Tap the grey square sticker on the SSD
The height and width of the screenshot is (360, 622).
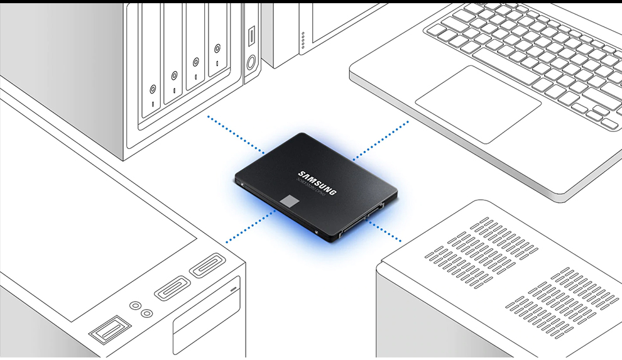pos(290,202)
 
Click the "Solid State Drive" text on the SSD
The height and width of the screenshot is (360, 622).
pos(309,187)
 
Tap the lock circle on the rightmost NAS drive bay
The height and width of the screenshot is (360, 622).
pos(217,48)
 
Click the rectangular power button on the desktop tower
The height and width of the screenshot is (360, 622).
pos(111,329)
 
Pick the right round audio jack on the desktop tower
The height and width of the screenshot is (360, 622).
pos(146,312)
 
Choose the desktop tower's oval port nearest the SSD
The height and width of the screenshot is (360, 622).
pos(207,265)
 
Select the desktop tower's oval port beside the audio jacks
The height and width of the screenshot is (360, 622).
pos(172,288)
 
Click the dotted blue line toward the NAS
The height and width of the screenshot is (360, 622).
pos(236,134)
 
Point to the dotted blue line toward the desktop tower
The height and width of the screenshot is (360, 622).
pos(250,226)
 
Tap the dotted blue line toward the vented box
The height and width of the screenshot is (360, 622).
pos(385,231)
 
